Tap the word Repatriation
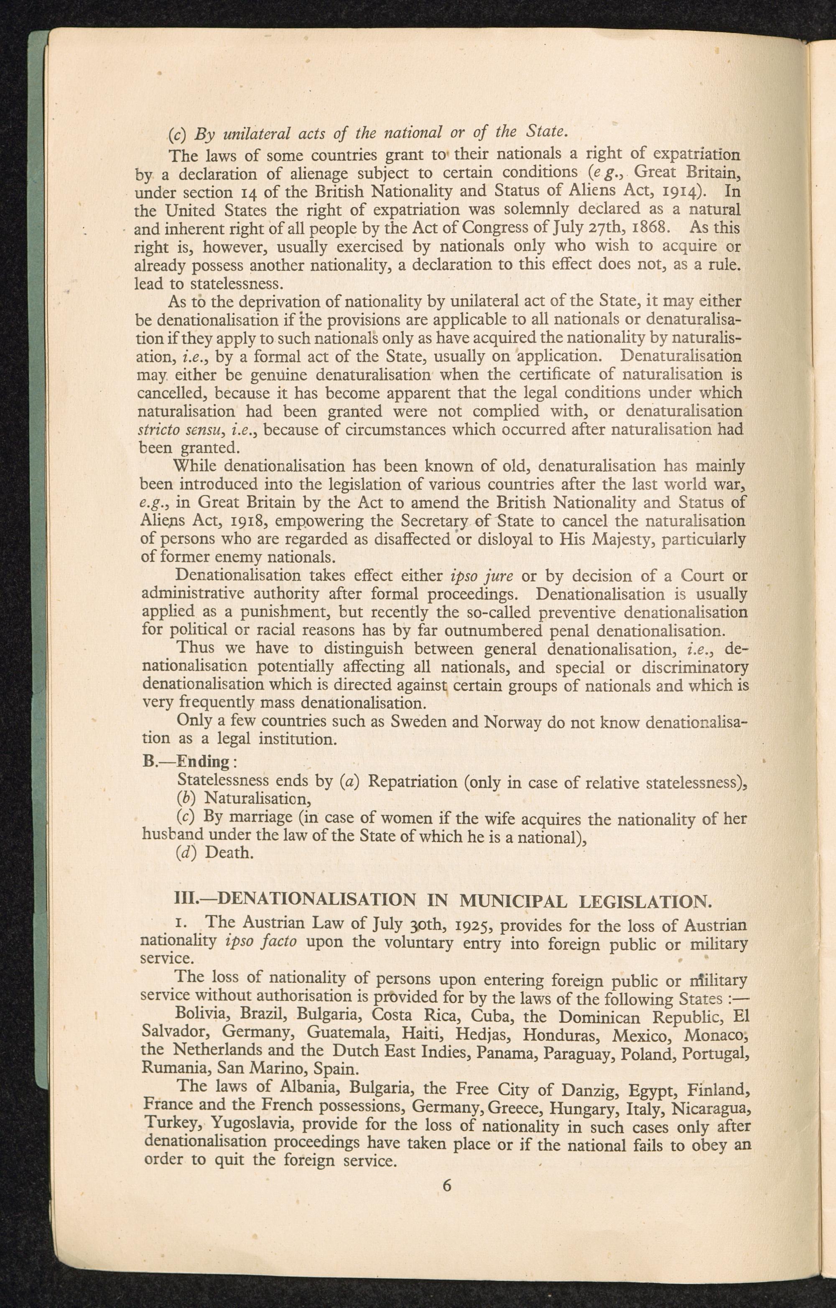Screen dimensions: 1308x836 412,782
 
